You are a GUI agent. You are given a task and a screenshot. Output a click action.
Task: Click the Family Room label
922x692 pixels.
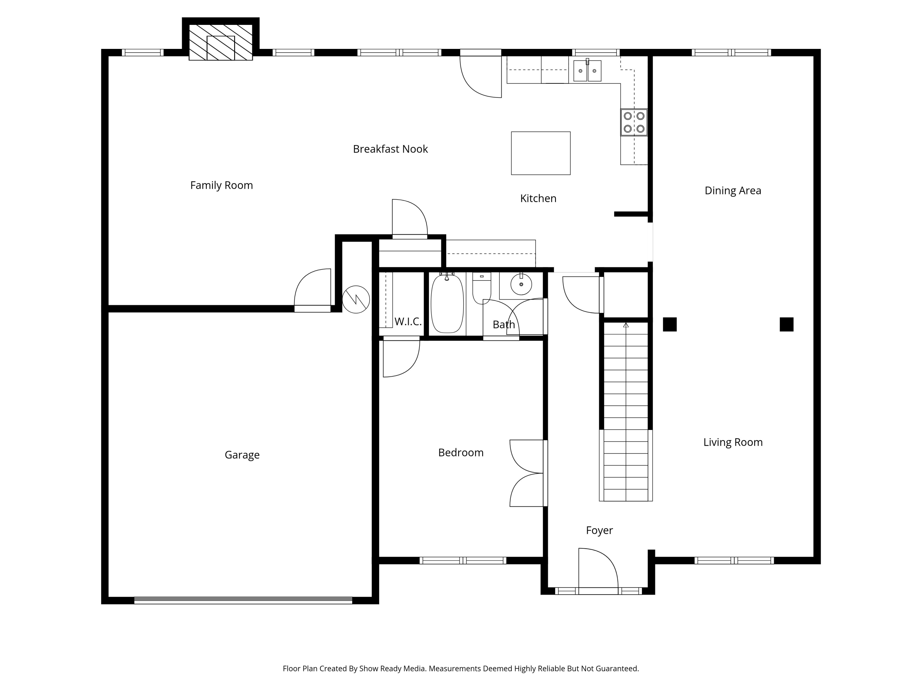pos(221,185)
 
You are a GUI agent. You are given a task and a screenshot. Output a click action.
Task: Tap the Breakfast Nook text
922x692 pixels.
pos(390,149)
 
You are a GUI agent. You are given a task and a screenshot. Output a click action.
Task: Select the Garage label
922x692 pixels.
pos(242,455)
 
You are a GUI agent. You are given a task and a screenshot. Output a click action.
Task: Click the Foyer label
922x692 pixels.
pos(599,531)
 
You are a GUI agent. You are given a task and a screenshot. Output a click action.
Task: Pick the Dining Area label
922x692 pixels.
pos(733,191)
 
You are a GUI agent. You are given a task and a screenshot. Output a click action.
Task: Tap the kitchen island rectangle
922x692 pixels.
pos(541,153)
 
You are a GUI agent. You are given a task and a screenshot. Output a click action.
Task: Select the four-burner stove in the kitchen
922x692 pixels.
pos(634,122)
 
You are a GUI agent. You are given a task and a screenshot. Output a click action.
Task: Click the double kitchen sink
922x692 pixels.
pos(587,70)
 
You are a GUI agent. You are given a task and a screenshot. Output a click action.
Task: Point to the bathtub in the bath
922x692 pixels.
pos(447,303)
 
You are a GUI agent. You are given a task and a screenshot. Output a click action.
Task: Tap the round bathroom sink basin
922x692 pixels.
pos(521,284)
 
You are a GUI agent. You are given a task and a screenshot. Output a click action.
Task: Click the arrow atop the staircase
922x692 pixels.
pos(626,325)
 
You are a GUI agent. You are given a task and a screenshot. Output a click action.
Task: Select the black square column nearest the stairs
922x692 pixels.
pos(670,324)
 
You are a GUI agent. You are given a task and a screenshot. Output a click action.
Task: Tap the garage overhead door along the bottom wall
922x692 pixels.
pos(243,601)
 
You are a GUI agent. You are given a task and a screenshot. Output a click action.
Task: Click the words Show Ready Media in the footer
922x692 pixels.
pos(392,669)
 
